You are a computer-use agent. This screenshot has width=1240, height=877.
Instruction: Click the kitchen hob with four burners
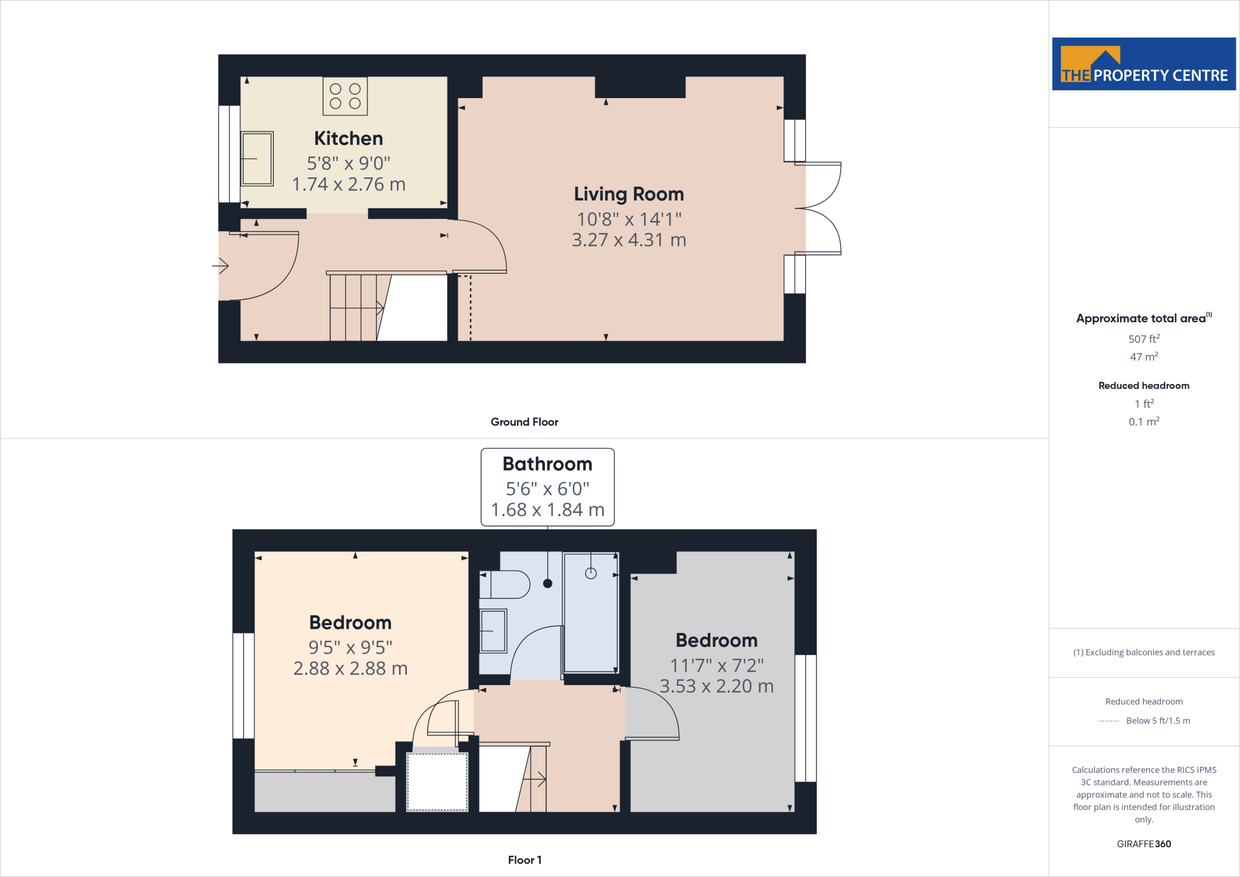click(x=345, y=96)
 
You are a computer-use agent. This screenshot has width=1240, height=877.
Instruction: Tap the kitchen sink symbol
click(x=257, y=159)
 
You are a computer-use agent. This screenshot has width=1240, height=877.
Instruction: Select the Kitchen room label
click(x=348, y=139)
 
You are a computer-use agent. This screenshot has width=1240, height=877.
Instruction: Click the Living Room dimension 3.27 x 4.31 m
click(x=628, y=240)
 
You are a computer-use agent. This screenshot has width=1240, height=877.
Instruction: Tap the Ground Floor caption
click(x=524, y=422)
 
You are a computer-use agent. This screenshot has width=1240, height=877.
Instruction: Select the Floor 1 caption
click(x=524, y=860)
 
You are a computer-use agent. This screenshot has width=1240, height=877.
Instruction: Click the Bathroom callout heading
click(x=547, y=464)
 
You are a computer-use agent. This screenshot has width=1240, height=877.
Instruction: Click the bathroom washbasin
click(x=493, y=630)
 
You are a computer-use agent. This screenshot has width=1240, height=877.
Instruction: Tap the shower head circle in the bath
click(x=591, y=573)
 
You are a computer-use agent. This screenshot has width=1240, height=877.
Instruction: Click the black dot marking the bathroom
click(x=548, y=584)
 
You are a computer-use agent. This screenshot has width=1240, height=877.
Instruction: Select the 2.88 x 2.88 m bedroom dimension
click(x=350, y=669)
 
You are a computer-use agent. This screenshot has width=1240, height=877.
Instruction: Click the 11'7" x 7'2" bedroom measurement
click(x=717, y=666)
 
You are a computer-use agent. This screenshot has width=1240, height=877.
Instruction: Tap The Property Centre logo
click(x=1144, y=64)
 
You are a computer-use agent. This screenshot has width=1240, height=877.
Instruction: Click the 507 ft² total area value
click(x=1144, y=339)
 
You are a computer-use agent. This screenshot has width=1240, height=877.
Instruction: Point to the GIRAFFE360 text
click(x=1144, y=844)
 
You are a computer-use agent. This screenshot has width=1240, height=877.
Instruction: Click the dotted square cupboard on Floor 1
click(x=437, y=781)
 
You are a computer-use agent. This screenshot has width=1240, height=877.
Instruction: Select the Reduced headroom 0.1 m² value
click(x=1144, y=422)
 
